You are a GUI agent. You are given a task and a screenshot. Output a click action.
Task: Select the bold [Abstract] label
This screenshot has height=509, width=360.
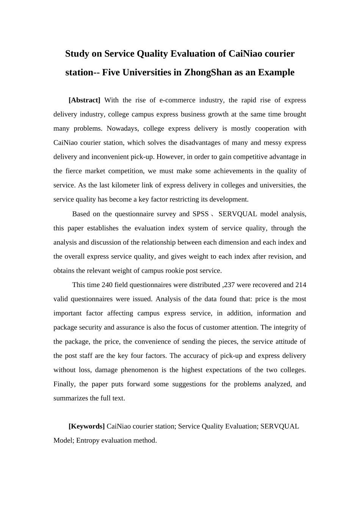click(x=84, y=100)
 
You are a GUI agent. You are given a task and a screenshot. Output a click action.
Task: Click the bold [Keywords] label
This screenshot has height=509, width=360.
click(x=86, y=426)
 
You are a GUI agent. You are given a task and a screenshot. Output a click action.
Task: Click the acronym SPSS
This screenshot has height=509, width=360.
click(x=200, y=214)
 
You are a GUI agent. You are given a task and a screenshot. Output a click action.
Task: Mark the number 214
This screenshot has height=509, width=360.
click(x=301, y=285)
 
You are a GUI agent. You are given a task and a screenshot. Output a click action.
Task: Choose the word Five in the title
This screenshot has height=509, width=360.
click(x=111, y=72)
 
